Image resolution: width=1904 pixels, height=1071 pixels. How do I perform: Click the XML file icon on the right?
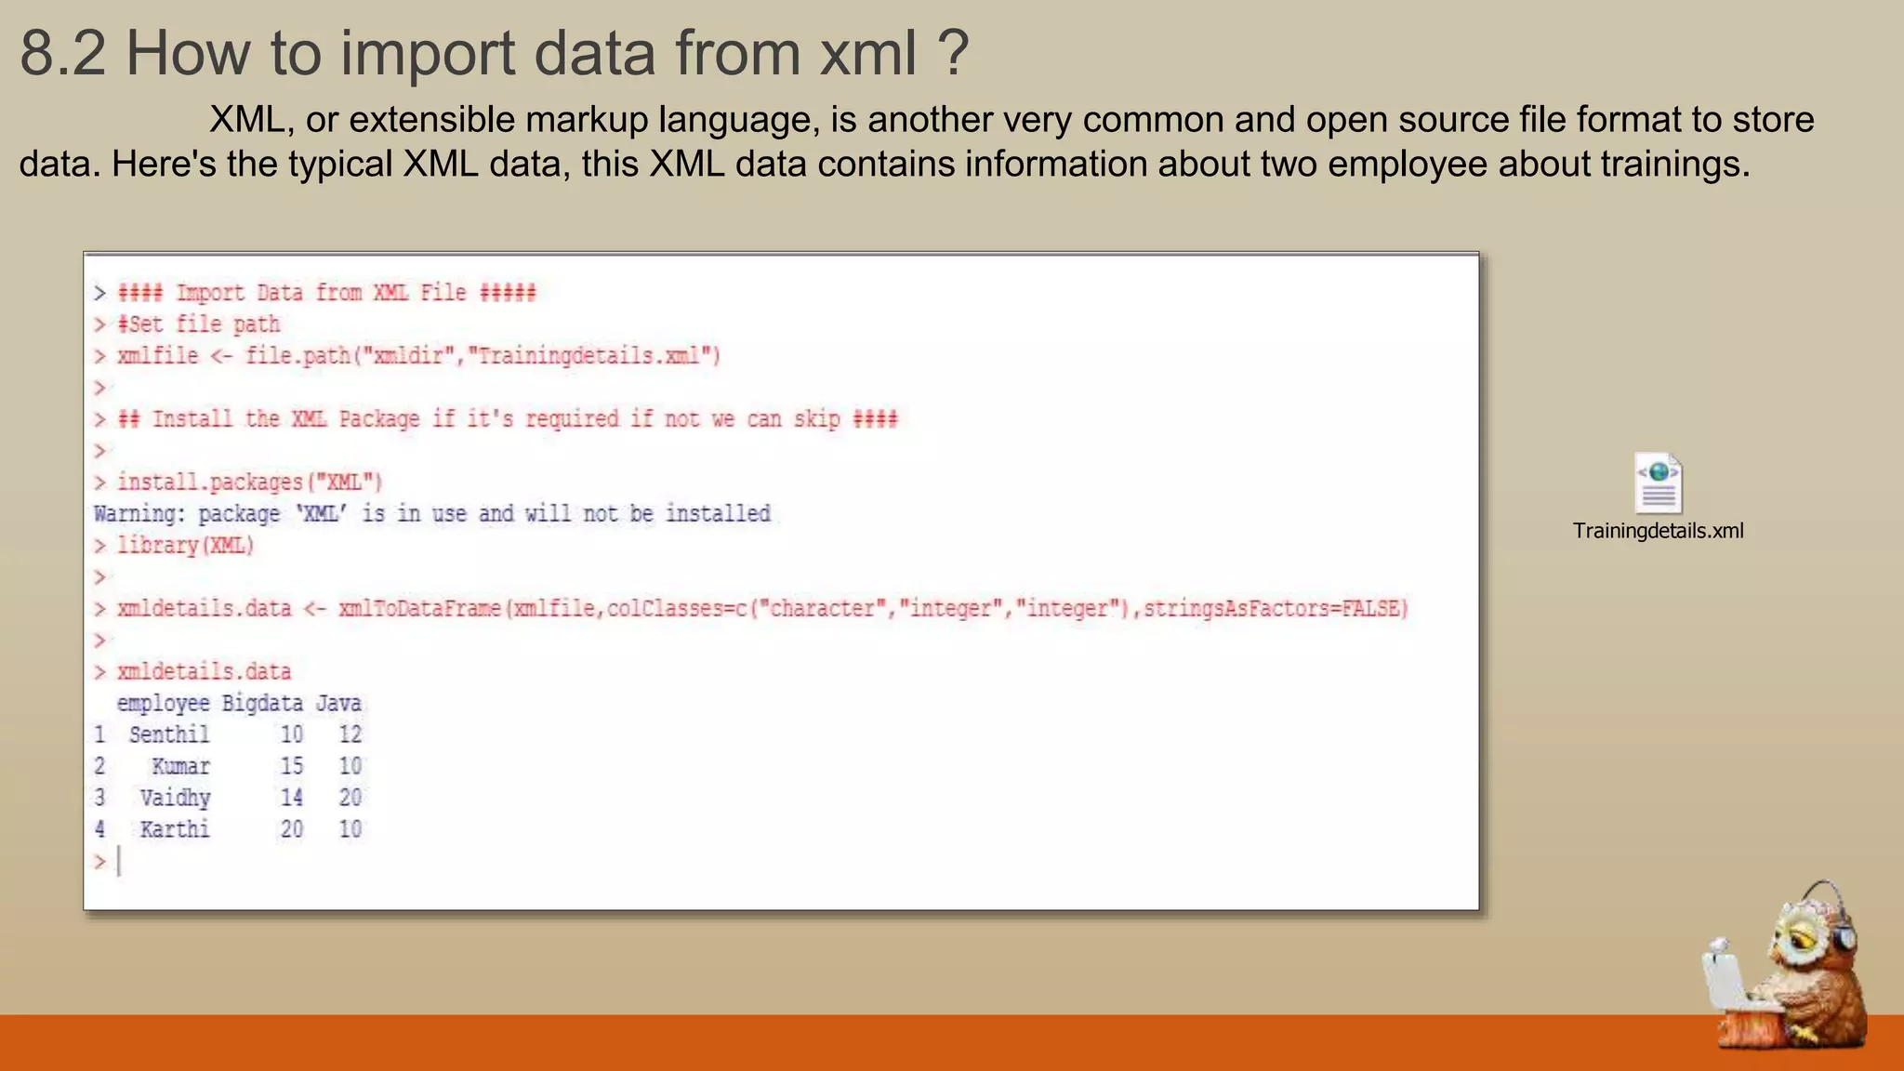pos(1658,483)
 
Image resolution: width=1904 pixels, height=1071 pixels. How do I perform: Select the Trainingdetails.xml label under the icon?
pos(1658,531)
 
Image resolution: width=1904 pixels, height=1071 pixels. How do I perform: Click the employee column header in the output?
pos(163,704)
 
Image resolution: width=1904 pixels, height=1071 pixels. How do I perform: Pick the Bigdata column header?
pos(262,704)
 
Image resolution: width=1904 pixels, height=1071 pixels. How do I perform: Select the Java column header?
pos(338,704)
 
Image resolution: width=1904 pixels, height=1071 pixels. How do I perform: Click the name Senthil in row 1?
pos(169,735)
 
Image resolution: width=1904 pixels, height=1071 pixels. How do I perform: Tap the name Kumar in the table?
pos(180,767)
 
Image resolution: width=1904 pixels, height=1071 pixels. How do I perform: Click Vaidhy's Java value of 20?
pos(350,798)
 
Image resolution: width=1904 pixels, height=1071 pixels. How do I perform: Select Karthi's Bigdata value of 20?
pos(292,829)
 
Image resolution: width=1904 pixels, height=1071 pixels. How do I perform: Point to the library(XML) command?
pos(185,546)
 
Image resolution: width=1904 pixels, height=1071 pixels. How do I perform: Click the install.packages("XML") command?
pos(249,483)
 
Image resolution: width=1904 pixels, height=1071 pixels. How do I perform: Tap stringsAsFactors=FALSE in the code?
pos(1275,609)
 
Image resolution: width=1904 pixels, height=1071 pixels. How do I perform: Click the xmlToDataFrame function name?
pos(419,609)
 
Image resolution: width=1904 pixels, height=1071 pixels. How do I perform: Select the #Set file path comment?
pos(198,324)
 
